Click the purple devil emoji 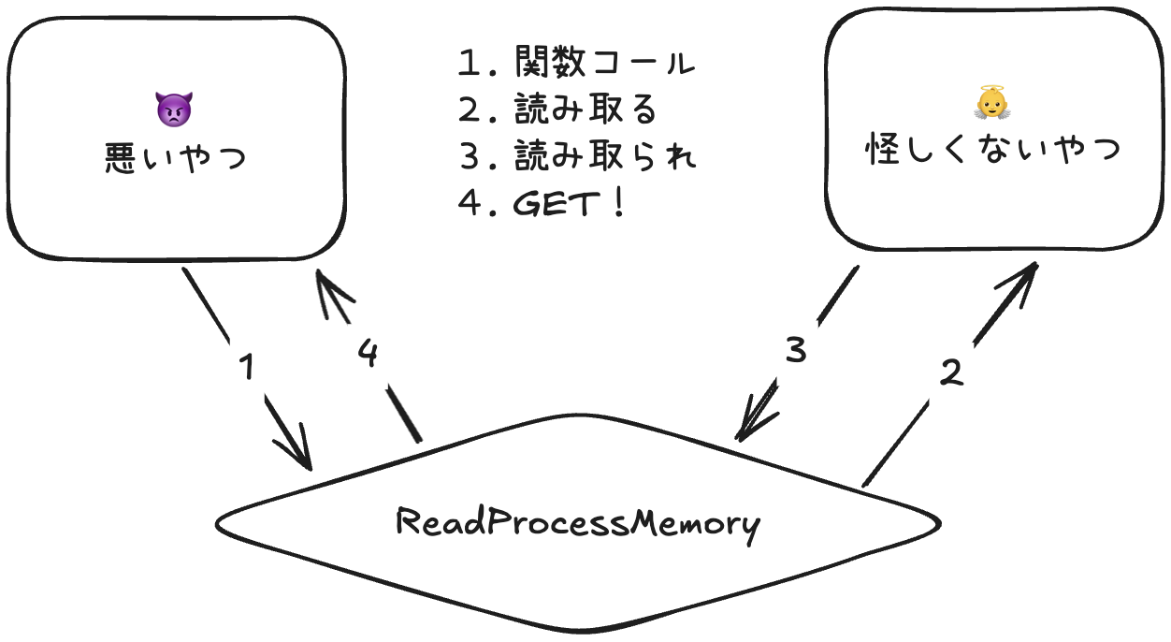click(174, 110)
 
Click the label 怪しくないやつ click(993, 150)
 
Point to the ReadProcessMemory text click(578, 522)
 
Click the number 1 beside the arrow click(246, 368)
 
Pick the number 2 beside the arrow click(949, 373)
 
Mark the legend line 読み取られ click(603, 157)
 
